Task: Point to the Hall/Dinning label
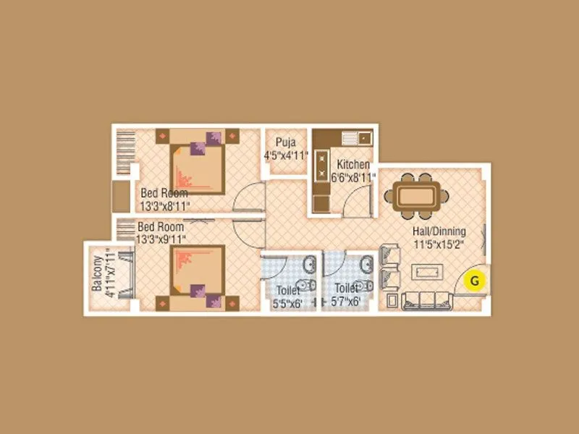439,231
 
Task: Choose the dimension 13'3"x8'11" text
164,205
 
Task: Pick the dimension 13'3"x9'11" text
163,237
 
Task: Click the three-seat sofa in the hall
426,299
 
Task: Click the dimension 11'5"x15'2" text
439,244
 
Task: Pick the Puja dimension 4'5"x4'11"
286,155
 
